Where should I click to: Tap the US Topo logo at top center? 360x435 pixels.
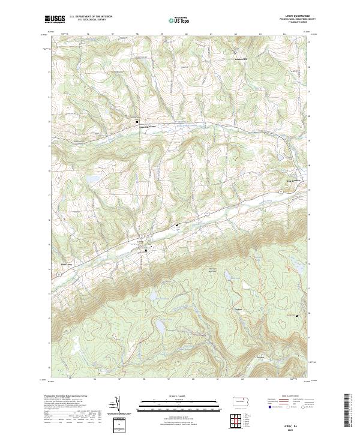click(x=174, y=20)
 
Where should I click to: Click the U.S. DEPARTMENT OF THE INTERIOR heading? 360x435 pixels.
click(x=92, y=16)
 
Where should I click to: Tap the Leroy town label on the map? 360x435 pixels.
click(x=141, y=242)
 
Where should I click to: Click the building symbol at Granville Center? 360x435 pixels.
click(x=136, y=121)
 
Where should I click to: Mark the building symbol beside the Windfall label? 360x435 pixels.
click(x=235, y=52)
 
